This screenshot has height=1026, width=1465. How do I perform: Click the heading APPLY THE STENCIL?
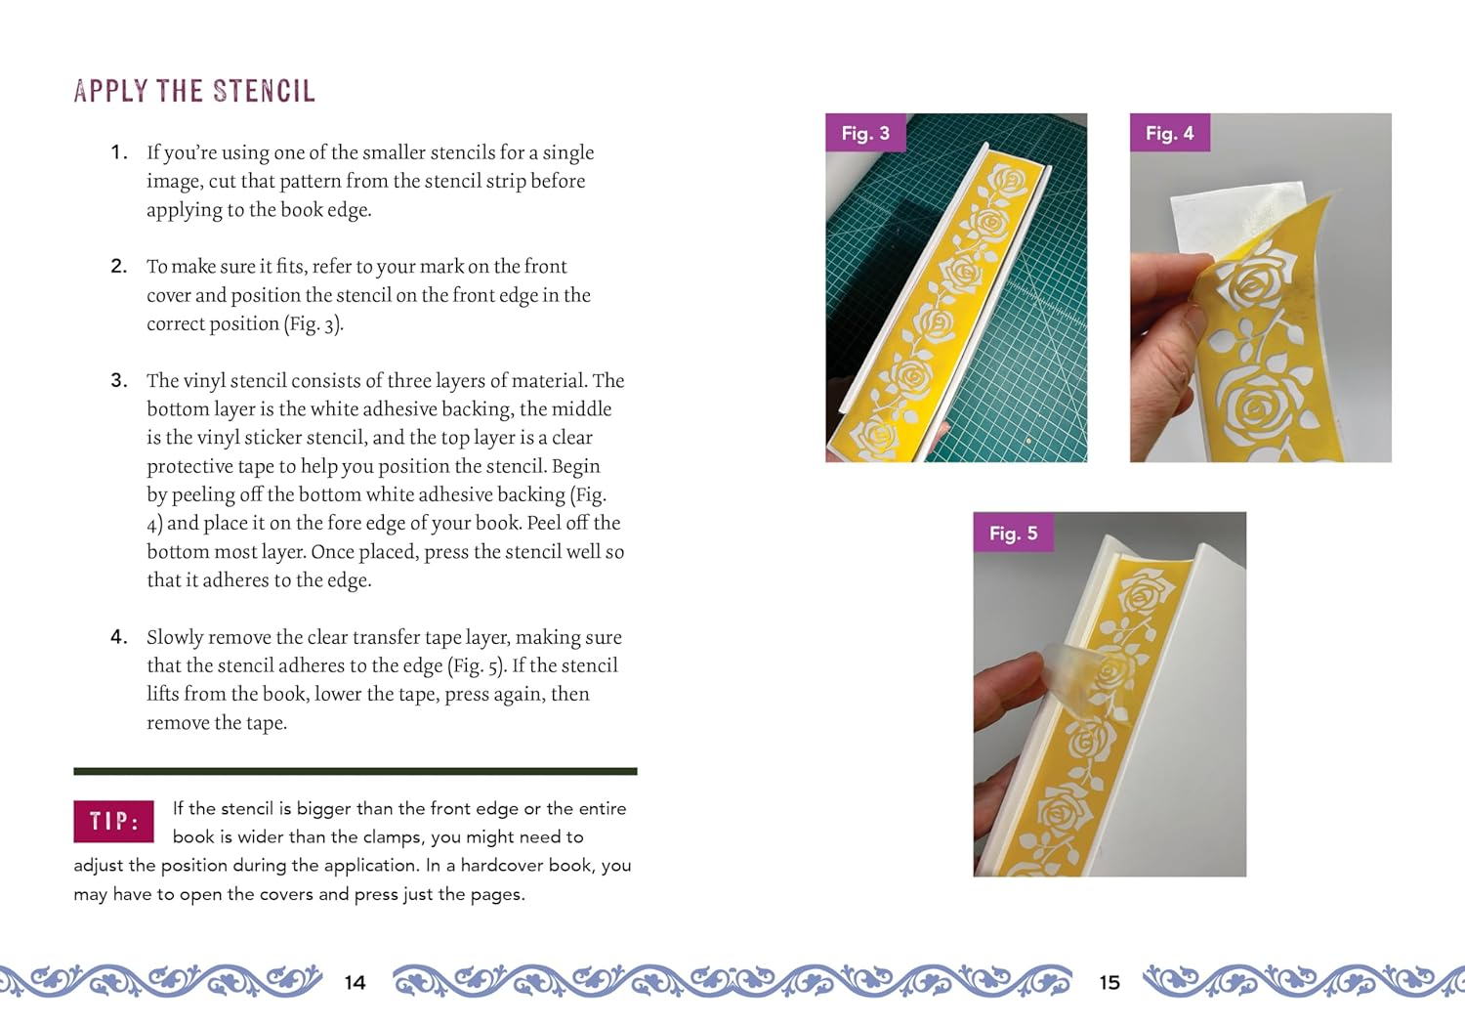pos(194,91)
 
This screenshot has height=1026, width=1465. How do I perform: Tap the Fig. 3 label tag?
pos(865,133)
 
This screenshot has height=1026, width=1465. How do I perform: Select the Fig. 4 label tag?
pos(1169,133)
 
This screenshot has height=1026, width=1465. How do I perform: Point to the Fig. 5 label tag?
pos(1013,533)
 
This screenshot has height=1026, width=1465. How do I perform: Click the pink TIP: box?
pos(113,821)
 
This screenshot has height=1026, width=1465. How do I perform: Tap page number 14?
pos(356,982)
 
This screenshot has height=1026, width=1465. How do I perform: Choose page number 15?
pos(1109,982)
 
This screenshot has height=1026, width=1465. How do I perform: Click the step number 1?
pos(118,152)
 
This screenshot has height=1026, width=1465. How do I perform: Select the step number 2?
pos(118,266)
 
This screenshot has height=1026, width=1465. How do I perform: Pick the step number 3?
pos(118,380)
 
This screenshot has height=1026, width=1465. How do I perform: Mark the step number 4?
pos(118,637)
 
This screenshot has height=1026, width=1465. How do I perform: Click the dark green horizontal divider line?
pos(356,771)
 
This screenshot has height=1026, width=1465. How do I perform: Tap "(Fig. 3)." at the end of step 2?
pos(314,323)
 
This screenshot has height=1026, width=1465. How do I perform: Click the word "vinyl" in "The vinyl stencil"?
pos(204,380)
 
